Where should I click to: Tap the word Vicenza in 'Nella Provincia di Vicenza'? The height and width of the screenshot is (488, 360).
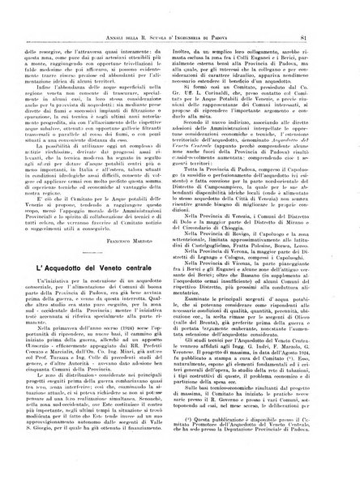point(264,285)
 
